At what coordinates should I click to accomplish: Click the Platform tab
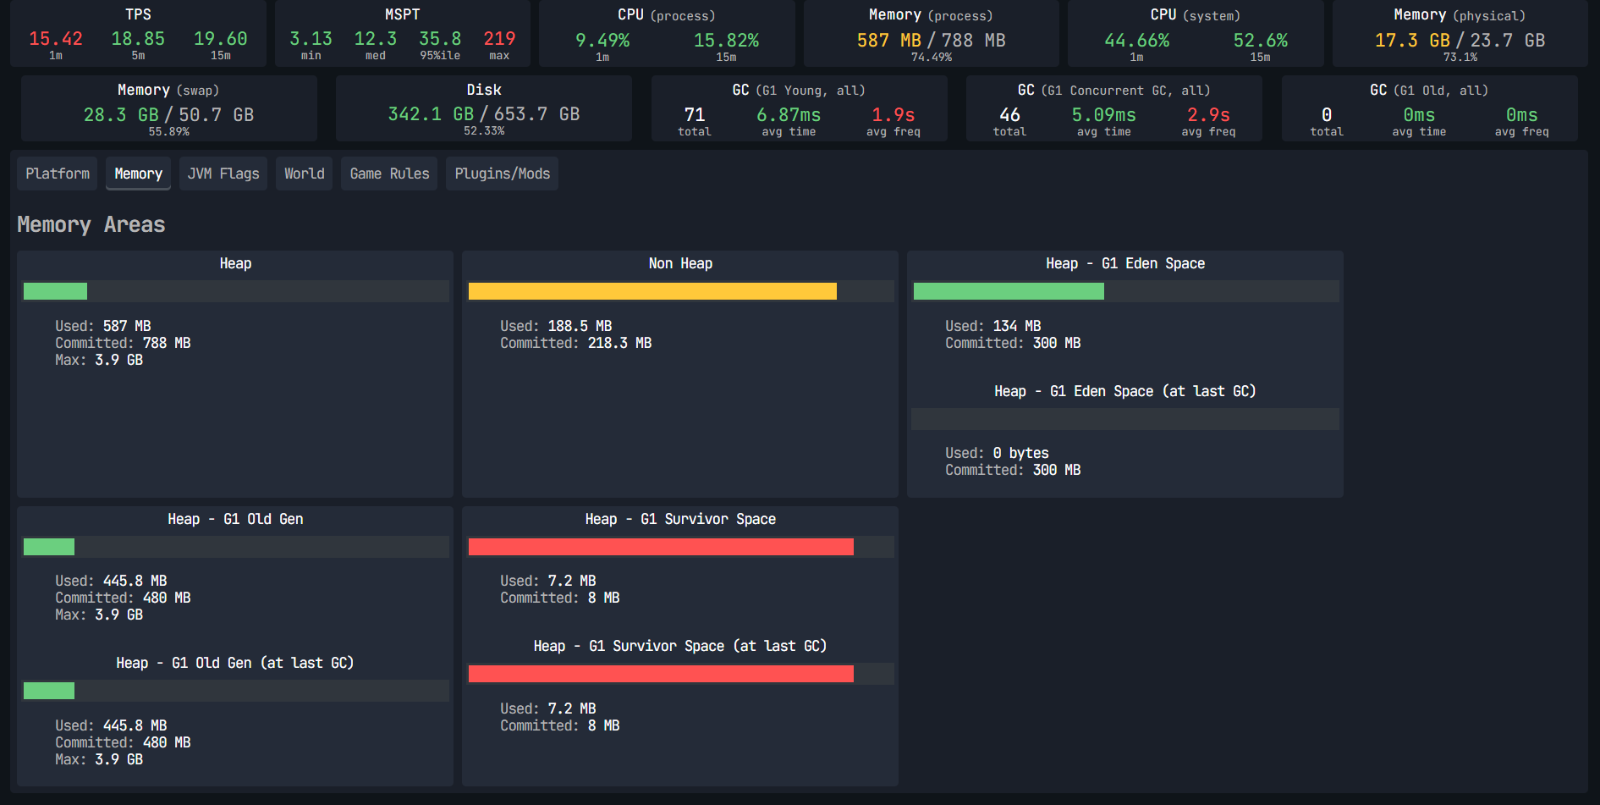pos(58,174)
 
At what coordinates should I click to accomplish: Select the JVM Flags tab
pos(223,174)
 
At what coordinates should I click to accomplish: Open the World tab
pos(305,174)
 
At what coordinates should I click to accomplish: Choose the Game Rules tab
pos(389,174)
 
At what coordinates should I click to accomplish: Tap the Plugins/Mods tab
pos(502,174)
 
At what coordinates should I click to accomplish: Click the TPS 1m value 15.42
pos(56,39)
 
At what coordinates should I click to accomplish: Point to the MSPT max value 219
pos(499,39)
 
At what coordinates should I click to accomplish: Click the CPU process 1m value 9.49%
pos(602,41)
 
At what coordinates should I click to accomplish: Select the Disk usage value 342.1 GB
pos(431,114)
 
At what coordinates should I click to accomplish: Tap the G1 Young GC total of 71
pos(695,115)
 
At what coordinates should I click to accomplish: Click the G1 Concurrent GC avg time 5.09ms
pos(1104,115)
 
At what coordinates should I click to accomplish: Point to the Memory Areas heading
pos(91,224)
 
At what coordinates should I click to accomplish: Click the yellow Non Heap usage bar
pos(652,291)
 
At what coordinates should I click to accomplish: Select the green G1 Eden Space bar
pos(1009,291)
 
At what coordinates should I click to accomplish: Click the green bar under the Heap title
pos(55,291)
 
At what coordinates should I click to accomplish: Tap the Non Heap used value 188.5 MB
pos(580,326)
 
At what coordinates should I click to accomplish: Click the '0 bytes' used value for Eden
pos(1020,453)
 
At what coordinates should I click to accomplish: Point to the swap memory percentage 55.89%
pos(169,132)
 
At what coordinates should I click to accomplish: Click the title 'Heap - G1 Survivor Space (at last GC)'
pos(680,646)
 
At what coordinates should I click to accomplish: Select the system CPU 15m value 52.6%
pos(1261,41)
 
